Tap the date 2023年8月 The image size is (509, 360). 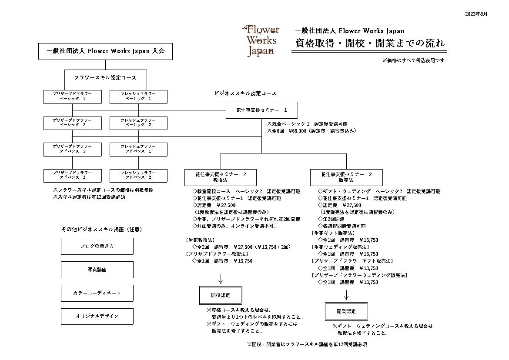pyautogui.click(x=476, y=14)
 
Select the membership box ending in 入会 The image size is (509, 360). pyautogui.click(x=106, y=52)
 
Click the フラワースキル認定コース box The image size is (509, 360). pyautogui.click(x=106, y=78)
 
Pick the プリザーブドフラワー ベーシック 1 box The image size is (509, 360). pyautogui.click(x=73, y=97)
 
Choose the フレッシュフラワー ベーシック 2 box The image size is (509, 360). pyautogui.click(x=139, y=123)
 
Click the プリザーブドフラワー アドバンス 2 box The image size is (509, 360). pyautogui.click(x=73, y=176)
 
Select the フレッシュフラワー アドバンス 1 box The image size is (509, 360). pyautogui.click(x=139, y=150)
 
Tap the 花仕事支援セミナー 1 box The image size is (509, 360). pyautogui.click(x=261, y=110)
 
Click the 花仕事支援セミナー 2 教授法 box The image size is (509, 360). pyautogui.click(x=221, y=177)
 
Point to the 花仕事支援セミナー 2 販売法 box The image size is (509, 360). pyautogui.click(x=346, y=177)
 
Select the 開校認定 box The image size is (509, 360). pyautogui.click(x=221, y=296)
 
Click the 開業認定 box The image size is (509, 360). pyautogui.click(x=346, y=312)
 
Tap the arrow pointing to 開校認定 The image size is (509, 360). pyautogui.click(x=221, y=279)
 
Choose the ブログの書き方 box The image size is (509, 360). pyautogui.click(x=97, y=247)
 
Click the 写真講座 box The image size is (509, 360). pyautogui.click(x=97, y=270)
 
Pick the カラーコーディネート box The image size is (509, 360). pyautogui.click(x=97, y=293)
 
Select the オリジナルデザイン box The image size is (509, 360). pyautogui.click(x=97, y=316)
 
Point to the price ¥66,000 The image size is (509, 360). pyautogui.click(x=297, y=131)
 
